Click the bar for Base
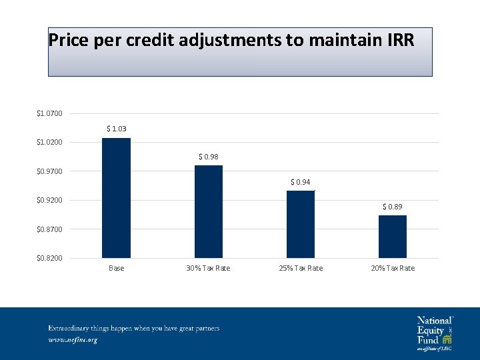[x=116, y=198]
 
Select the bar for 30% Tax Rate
[x=208, y=211]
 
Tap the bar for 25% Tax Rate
[x=300, y=224]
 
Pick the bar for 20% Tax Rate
[x=392, y=237]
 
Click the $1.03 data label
[x=116, y=129]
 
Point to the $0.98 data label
[x=208, y=157]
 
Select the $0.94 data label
[x=300, y=182]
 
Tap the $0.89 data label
[x=392, y=207]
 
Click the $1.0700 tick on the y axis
[x=49, y=113]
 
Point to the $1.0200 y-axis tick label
[x=49, y=143]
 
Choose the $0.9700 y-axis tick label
[x=49, y=171]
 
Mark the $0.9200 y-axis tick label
[x=49, y=201]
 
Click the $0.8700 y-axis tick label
[x=49, y=229]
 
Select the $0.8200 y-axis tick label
[x=49, y=258]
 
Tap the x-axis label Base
[x=116, y=268]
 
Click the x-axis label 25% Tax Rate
[x=300, y=268]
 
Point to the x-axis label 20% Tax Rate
[x=392, y=268]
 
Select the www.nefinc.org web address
[x=73, y=340]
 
